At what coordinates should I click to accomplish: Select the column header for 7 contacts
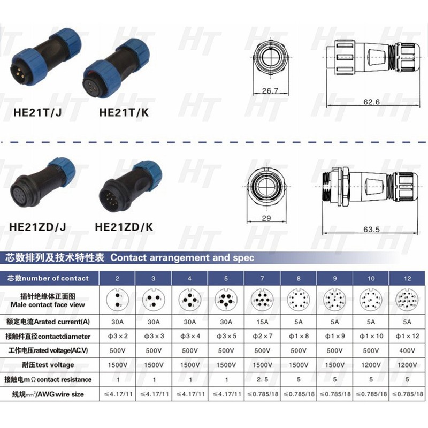pyautogui.click(x=262, y=278)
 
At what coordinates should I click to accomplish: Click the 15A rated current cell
pyautogui.click(x=262, y=323)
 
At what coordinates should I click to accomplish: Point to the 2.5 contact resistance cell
pyautogui.click(x=262, y=379)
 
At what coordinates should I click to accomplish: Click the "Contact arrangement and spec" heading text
pyautogui.click(x=182, y=257)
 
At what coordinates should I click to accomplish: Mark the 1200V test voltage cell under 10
pyautogui.click(x=372, y=365)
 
